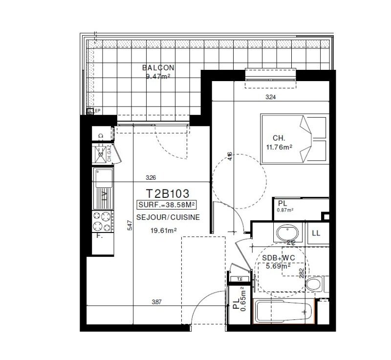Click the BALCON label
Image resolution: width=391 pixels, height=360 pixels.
(x=158, y=68)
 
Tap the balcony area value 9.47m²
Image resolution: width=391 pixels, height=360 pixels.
(x=158, y=76)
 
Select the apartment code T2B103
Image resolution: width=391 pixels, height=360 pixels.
(x=168, y=194)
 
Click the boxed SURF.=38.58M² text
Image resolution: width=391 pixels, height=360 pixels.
(x=168, y=206)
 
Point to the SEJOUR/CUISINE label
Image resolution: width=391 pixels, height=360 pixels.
(x=168, y=218)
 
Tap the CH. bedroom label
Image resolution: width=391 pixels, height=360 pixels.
(x=279, y=137)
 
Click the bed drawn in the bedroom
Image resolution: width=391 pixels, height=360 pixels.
(x=294, y=139)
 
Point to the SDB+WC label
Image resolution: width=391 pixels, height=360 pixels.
(x=278, y=258)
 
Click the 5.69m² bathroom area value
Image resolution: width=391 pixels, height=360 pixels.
(x=278, y=266)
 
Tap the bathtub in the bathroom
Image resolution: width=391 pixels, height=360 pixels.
(x=283, y=310)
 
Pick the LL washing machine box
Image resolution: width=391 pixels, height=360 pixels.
(x=316, y=233)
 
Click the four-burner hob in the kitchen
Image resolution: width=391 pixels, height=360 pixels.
(x=103, y=220)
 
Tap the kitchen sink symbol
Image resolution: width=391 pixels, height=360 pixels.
(x=104, y=178)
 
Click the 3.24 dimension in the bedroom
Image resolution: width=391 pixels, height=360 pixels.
(x=270, y=97)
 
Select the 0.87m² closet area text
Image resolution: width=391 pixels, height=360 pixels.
(x=285, y=210)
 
